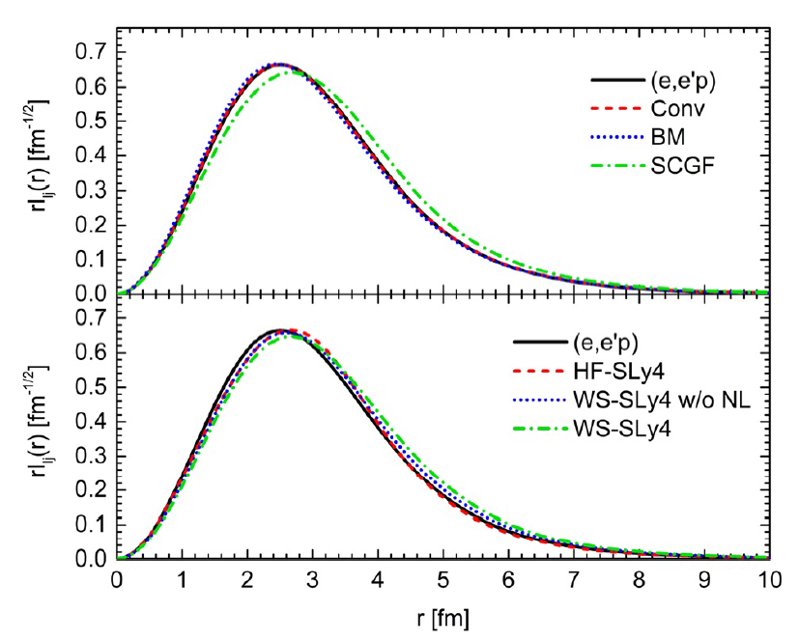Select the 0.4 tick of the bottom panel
point(91,421)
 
